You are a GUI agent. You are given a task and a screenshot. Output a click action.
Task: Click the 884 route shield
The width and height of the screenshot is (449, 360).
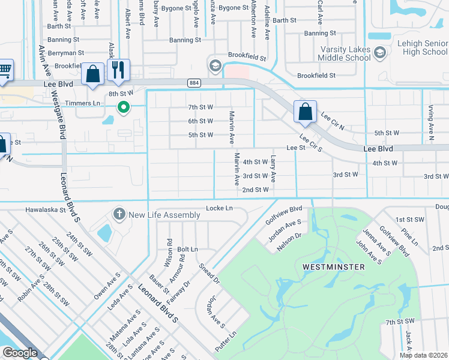193,82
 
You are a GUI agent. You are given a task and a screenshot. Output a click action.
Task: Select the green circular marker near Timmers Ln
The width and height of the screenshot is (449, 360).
124,107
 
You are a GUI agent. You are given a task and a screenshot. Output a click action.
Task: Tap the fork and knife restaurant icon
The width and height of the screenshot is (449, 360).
118,70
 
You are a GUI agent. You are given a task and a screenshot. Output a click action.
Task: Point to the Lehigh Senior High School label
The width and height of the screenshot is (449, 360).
418,47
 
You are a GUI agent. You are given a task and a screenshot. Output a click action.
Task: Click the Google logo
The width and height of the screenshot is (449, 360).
19,353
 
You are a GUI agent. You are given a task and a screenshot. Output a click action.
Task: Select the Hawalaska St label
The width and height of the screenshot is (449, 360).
46,210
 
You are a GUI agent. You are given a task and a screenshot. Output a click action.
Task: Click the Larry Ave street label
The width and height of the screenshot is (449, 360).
273,170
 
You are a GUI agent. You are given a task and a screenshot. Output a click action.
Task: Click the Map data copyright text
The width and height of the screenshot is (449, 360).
424,355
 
